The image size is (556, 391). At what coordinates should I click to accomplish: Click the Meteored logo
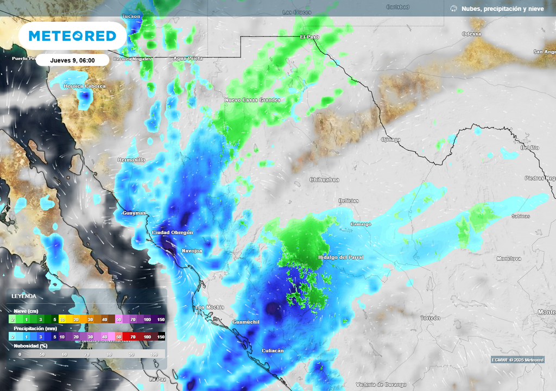pos(72,36)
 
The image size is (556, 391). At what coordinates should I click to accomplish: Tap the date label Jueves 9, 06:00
pos(72,60)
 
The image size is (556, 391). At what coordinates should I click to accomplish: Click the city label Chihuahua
pos(324,180)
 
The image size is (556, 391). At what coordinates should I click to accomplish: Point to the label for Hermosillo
pos(131,160)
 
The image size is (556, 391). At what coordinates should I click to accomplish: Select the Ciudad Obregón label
pos(172,232)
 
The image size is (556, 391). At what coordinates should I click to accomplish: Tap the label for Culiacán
pos(273,351)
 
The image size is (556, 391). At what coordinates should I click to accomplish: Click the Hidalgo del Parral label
pos(340,257)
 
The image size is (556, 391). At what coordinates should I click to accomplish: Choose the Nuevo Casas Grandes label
pos(252,100)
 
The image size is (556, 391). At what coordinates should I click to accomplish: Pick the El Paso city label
pos(310,37)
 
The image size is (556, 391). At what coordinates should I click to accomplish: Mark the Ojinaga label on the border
pos(390,140)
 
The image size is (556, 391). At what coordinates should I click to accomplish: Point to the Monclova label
pos(509,259)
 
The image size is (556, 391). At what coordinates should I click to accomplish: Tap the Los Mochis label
pos(209,308)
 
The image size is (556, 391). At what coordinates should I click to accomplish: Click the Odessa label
pos(471,34)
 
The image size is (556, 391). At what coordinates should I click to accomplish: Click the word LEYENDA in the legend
pos(24,297)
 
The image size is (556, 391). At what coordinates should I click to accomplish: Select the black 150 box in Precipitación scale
pos(161,337)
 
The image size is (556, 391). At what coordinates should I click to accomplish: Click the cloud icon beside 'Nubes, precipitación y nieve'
pos(453,9)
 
